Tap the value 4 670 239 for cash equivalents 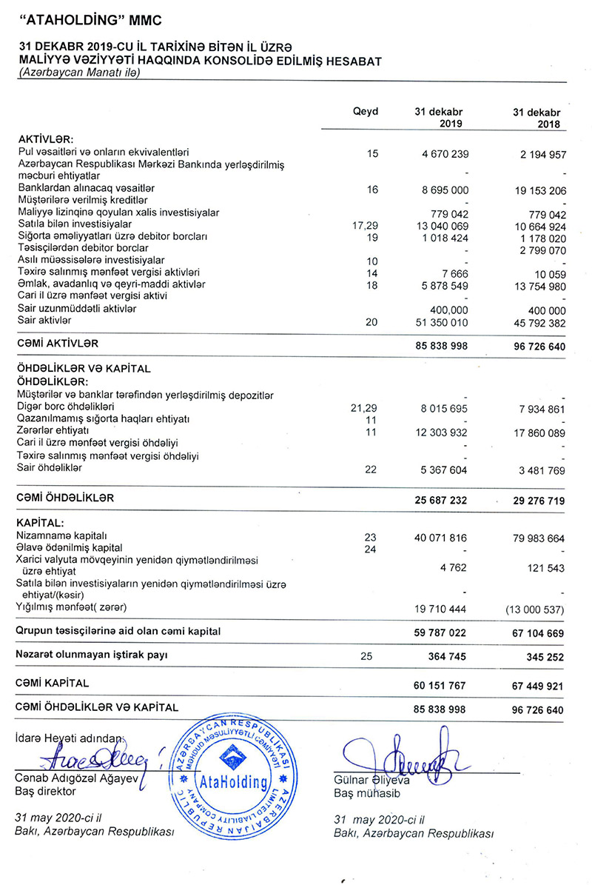(x=440, y=154)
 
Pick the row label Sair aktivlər (x=44, y=320)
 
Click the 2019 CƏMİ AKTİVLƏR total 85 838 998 (x=440, y=344)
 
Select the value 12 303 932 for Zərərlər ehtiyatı (x=440, y=432)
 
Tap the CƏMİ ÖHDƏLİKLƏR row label (x=65, y=499)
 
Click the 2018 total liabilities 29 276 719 (x=538, y=501)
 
